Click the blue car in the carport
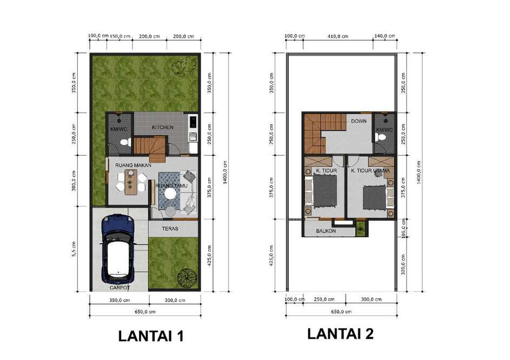[x=118, y=249]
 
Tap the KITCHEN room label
[x=163, y=128]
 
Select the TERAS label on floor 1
[x=170, y=229]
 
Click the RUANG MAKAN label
[x=133, y=165]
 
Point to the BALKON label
[x=326, y=231]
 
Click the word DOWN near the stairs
[x=359, y=121]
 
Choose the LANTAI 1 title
[x=151, y=336]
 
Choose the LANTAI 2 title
[x=341, y=334]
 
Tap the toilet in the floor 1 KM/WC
[x=125, y=142]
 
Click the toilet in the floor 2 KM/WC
[x=379, y=137]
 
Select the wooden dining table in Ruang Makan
[x=130, y=182]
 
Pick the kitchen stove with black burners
[x=193, y=122]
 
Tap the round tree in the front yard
[x=187, y=278]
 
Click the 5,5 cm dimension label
[x=75, y=249]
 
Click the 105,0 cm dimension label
[x=403, y=228]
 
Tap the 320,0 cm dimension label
[x=403, y=264]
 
